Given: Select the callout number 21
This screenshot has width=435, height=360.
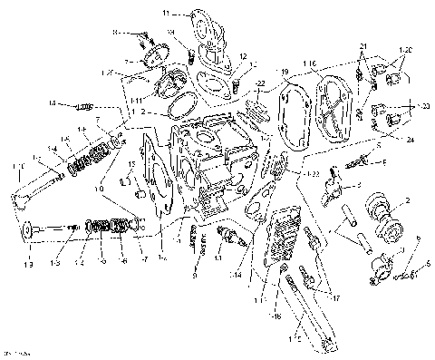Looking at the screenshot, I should pyautogui.click(x=362, y=46).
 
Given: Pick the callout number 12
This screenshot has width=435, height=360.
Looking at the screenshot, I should pyautogui.click(x=243, y=56).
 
